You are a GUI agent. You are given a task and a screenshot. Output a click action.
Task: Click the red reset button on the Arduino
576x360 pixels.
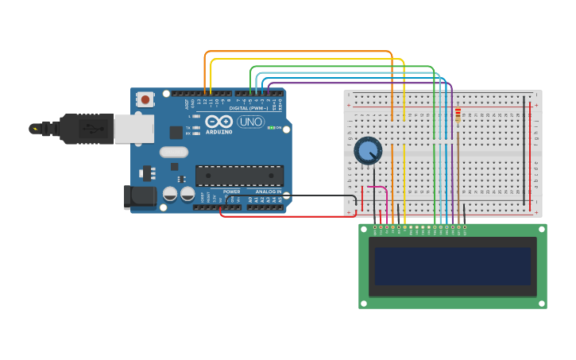pos(145,99)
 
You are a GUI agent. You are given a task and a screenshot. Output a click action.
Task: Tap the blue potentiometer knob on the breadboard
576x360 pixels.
pos(367,149)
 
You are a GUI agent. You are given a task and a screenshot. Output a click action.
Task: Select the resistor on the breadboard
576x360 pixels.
pos(458,116)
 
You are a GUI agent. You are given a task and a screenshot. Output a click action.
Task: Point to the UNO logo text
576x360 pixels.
pos(251,122)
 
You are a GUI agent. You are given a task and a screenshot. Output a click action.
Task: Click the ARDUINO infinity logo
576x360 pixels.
pos(218,122)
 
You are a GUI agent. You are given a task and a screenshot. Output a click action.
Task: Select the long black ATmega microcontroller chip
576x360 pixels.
pos(239,176)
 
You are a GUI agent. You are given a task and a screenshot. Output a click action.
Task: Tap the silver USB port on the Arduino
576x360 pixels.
pos(133,128)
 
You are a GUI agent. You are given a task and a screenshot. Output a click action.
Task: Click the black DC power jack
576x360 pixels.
pos(140,197)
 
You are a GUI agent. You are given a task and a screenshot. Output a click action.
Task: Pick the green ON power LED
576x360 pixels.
pos(270,128)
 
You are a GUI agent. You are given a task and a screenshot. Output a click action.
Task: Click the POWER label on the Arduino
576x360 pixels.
pos(231,192)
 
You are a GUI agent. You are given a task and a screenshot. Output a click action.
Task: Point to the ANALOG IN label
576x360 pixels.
pos(268,192)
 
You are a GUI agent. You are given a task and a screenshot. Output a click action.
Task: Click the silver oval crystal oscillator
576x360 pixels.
pos(173,152)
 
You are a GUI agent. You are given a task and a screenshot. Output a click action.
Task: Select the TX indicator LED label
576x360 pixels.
pos(187,127)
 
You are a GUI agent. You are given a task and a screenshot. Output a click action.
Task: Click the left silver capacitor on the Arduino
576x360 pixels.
pos(170,193)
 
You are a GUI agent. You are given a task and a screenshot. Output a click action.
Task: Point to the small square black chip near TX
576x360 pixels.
pos(176,132)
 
